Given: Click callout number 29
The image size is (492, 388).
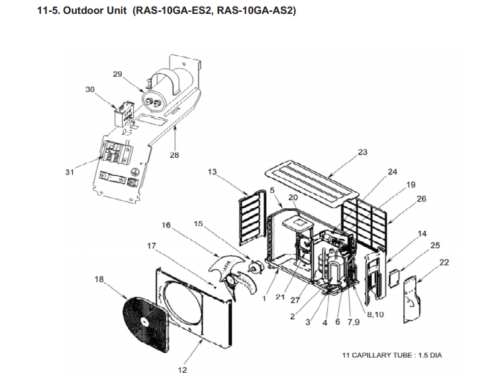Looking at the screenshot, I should (117, 74).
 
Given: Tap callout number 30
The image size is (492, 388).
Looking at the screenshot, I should (90, 89).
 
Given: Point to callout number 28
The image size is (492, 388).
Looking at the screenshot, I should (175, 155).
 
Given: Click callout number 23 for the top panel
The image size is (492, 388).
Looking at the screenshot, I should (362, 152).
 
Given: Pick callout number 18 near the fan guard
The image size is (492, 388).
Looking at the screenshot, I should (99, 280).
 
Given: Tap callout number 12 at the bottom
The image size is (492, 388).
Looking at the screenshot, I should (182, 370).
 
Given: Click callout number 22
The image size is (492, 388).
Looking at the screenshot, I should (444, 262).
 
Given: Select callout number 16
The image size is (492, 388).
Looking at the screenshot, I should (166, 225).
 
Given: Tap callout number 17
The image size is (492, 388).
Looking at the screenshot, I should (152, 246).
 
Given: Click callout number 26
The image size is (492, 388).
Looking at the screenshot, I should (421, 198).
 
